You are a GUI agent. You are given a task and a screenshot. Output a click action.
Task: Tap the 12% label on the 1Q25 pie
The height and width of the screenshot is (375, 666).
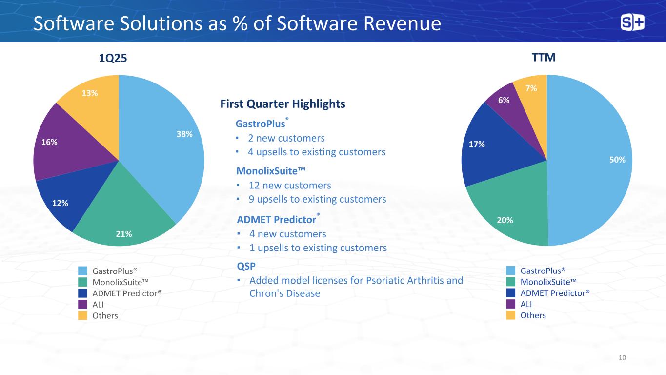click(x=61, y=203)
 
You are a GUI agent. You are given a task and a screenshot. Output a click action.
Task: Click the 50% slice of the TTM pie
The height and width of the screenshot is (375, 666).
click(x=595, y=161)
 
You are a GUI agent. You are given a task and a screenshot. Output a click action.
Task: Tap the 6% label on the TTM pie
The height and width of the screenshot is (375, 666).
click(x=504, y=100)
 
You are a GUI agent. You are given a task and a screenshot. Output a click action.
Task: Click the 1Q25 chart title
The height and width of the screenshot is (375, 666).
click(x=113, y=58)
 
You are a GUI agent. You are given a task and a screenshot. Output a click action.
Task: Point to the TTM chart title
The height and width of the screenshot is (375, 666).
click(x=544, y=58)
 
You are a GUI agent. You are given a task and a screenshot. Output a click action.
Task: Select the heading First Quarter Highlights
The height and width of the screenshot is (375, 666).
click(x=283, y=104)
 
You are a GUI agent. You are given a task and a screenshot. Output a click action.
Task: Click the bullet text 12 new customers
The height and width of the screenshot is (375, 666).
click(x=290, y=186)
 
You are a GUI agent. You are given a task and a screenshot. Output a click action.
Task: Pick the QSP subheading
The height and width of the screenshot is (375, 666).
click(x=246, y=266)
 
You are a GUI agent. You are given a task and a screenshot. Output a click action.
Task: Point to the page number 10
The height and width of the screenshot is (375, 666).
click(x=622, y=358)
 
